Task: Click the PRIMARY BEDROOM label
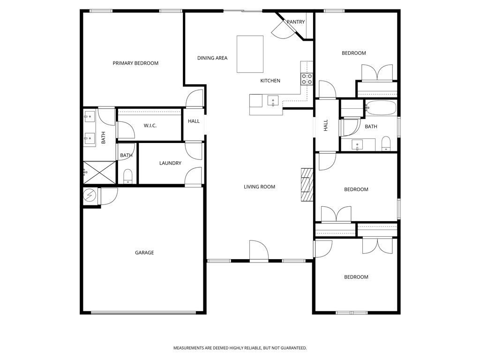click(x=135, y=63)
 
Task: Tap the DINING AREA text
click(x=212, y=58)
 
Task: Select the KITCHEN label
click(x=270, y=81)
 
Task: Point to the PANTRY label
click(x=296, y=22)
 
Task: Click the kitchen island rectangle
click(x=250, y=54)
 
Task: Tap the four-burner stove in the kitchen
click(x=307, y=79)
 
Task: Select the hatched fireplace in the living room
click(x=307, y=185)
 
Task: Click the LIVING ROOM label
click(x=259, y=187)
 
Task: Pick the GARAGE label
click(x=144, y=253)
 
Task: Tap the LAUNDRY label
click(x=170, y=164)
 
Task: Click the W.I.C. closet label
click(x=150, y=126)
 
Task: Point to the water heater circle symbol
click(x=89, y=195)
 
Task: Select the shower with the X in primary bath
click(x=99, y=172)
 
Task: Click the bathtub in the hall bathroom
click(x=381, y=108)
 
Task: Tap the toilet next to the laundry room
click(x=128, y=176)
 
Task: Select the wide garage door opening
click(x=143, y=313)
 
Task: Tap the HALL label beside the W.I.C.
click(x=194, y=121)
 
